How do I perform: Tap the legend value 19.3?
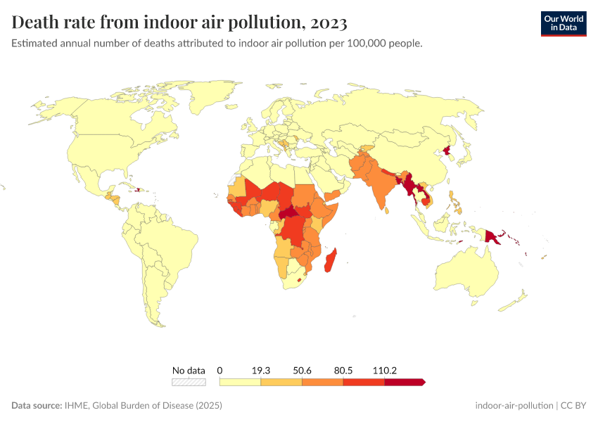[260, 370]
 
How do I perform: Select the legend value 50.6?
[302, 370]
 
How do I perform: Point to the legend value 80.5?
[343, 370]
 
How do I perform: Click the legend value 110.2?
[385, 370]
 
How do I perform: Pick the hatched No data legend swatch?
[189, 382]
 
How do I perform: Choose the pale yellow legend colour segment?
[240, 382]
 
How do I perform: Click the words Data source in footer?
[36, 406]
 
